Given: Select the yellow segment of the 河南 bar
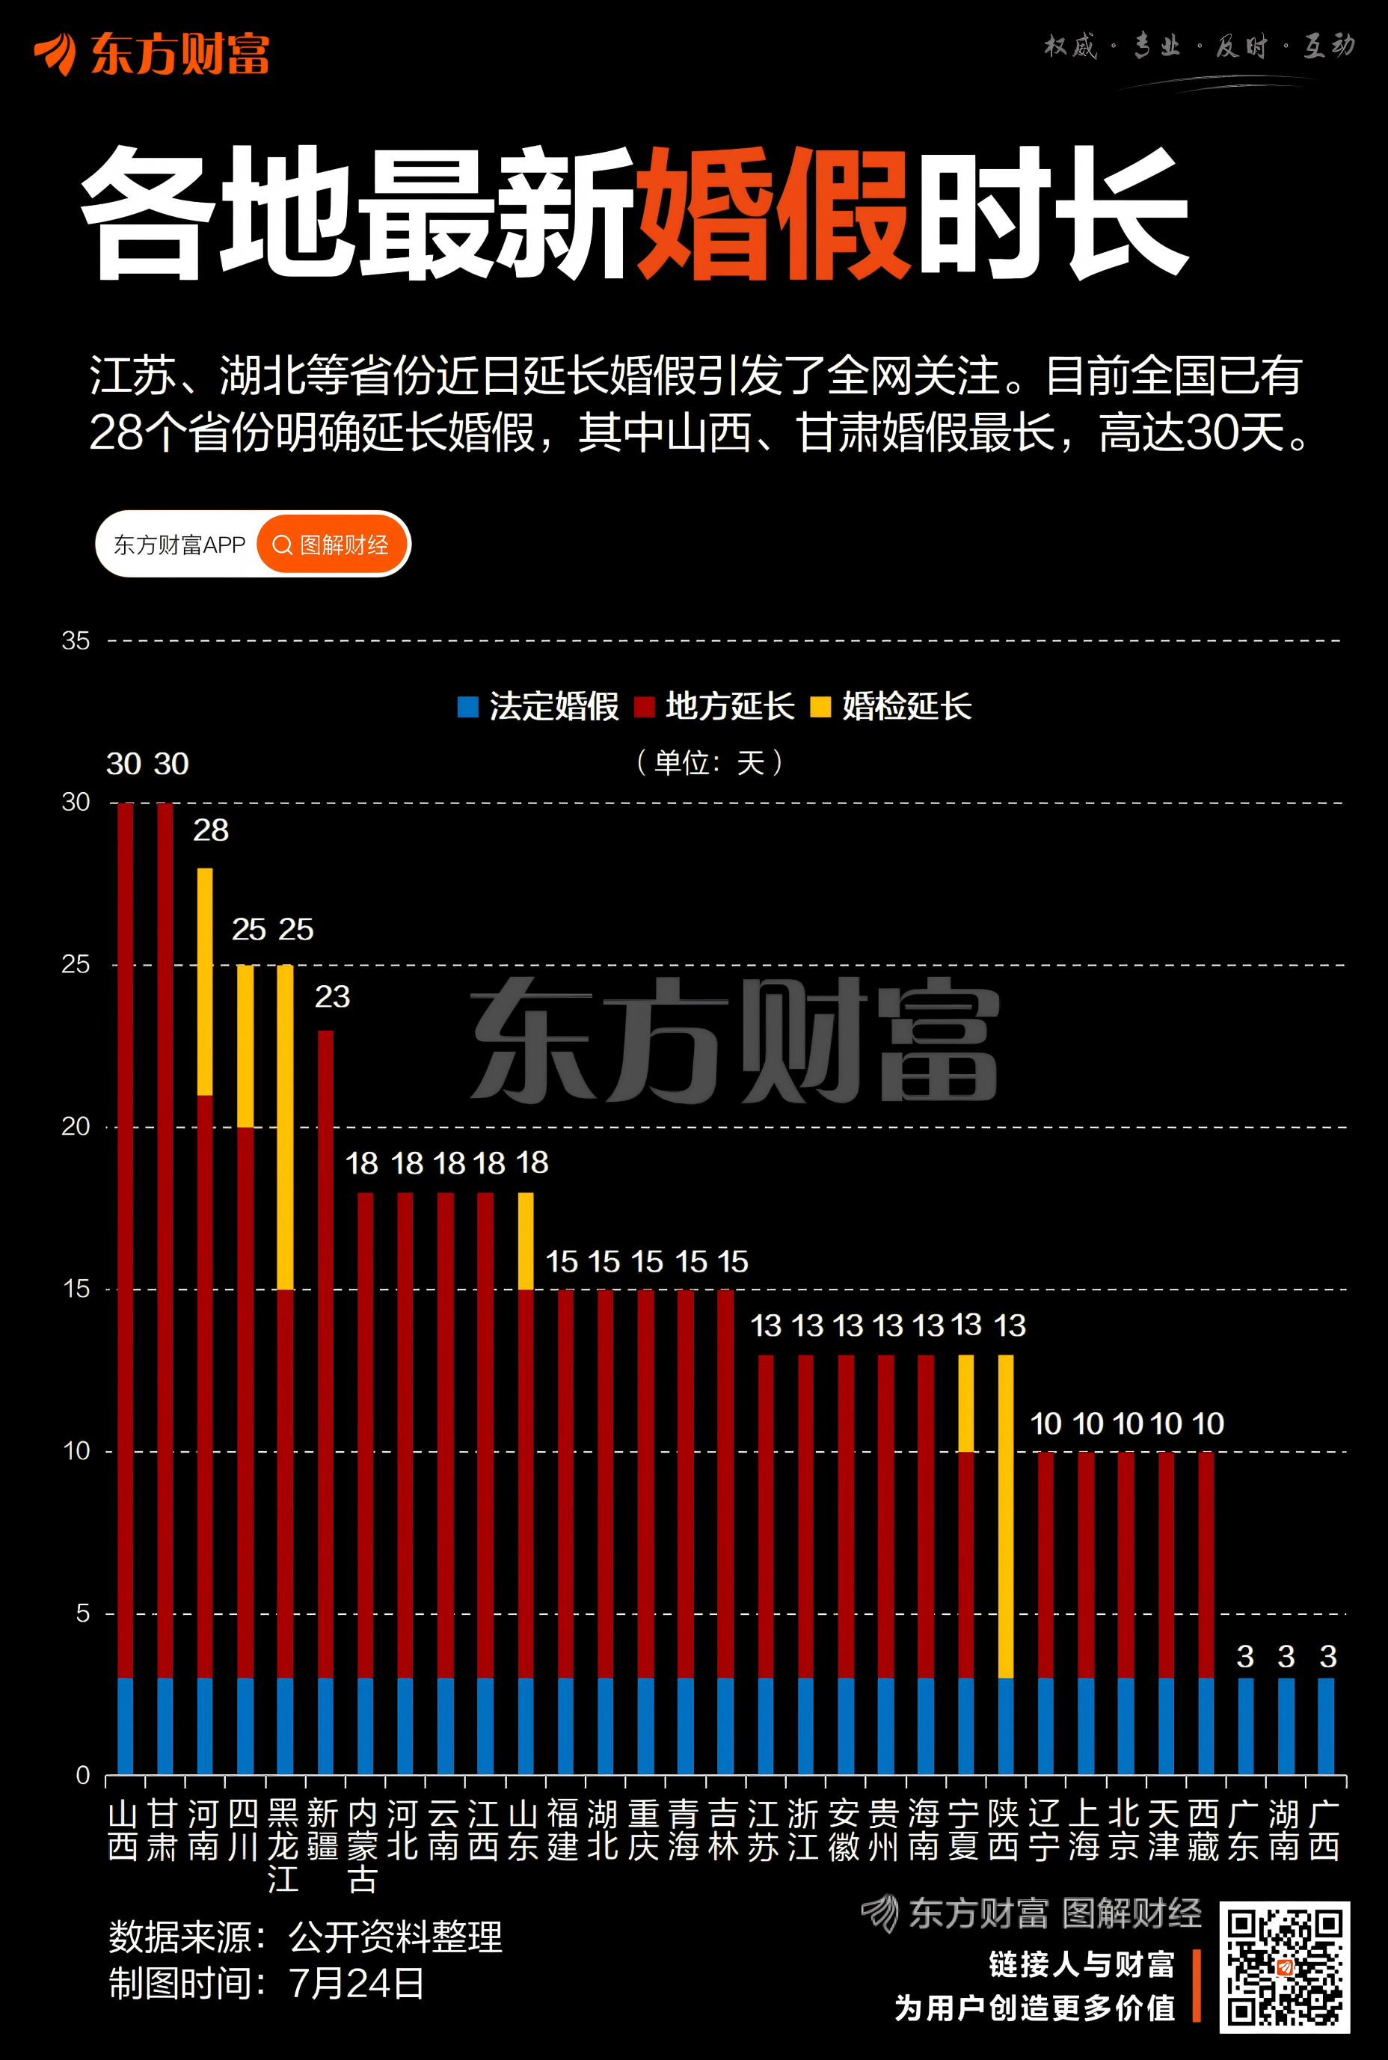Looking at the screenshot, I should pyautogui.click(x=204, y=981).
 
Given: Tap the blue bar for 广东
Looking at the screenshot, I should pyautogui.click(x=1245, y=1726).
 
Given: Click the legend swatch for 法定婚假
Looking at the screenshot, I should pyautogui.click(x=467, y=706).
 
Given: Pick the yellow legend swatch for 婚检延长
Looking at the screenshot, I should pyautogui.click(x=820, y=706).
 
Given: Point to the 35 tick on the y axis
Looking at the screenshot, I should pyautogui.click(x=76, y=640).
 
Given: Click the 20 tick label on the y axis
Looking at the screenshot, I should pyautogui.click(x=76, y=1126).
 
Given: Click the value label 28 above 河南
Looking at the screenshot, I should pyautogui.click(x=211, y=830).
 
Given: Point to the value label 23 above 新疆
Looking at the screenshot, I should pyautogui.click(x=332, y=997).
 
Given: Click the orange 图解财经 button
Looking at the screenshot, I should pyautogui.click(x=332, y=545).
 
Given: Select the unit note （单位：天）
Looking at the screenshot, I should pyautogui.click(x=710, y=762).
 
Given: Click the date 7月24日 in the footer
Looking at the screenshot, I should pyautogui.click(x=356, y=1983).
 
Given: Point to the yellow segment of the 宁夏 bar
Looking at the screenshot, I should pyautogui.click(x=965, y=1403).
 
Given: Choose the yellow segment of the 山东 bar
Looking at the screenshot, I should pyautogui.click(x=526, y=1240).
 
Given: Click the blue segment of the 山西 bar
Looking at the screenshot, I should pyautogui.click(x=125, y=1726).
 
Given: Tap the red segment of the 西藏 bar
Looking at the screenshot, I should pyautogui.click(x=1206, y=1564).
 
